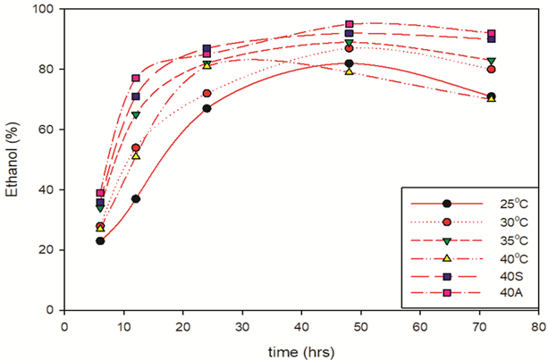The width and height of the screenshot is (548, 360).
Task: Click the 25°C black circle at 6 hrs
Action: point(100,241)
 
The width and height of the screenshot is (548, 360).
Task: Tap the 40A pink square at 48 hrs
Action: point(350,24)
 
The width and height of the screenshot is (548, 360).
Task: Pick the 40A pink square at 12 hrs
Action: point(136,79)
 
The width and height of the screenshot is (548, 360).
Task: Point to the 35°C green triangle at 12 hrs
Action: point(136,115)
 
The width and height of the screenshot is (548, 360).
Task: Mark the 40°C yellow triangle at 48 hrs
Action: point(350,71)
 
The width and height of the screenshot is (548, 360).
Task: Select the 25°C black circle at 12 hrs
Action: point(136,198)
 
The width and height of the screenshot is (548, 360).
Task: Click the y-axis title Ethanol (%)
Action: point(13,159)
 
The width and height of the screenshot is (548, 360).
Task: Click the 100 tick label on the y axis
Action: point(43,9)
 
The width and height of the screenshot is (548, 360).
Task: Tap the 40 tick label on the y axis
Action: point(46,189)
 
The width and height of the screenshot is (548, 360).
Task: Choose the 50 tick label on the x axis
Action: point(361,326)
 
